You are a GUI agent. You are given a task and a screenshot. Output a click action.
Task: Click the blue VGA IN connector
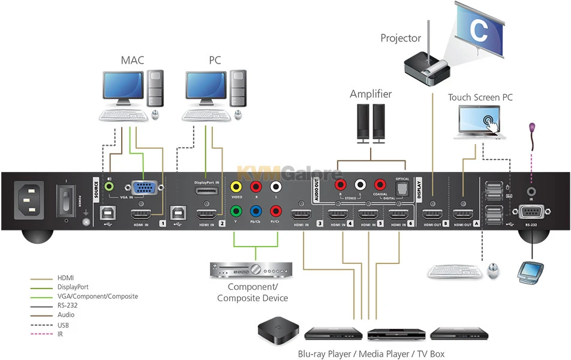click(142, 189)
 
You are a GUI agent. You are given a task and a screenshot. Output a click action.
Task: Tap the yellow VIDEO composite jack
click(237, 188)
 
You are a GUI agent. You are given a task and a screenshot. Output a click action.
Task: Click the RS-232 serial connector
click(531, 212)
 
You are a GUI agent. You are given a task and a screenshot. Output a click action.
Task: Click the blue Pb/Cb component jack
click(256, 211)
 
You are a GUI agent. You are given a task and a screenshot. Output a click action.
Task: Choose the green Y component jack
click(237, 211)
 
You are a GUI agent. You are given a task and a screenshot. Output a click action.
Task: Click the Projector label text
click(401, 38)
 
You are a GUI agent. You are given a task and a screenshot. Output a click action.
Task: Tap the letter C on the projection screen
click(478, 31)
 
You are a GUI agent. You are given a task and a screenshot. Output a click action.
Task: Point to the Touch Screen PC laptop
click(480, 123)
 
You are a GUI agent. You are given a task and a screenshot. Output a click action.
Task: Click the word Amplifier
click(371, 94)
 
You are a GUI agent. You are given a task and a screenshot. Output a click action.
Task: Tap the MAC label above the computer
click(133, 61)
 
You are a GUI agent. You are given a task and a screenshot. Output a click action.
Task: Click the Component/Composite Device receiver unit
click(251, 270)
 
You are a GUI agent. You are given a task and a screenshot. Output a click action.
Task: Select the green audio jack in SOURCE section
click(109, 187)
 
